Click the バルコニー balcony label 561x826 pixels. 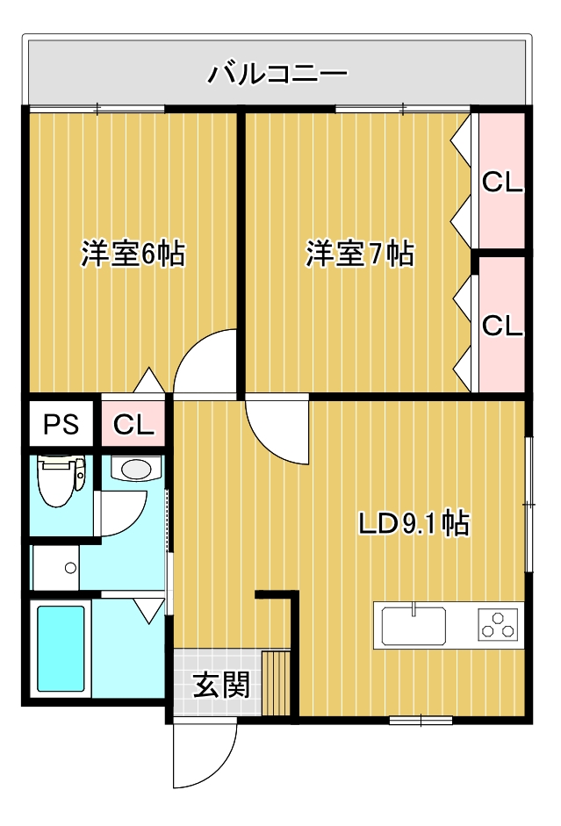277,72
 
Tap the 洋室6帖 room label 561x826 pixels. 133,254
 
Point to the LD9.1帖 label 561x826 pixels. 414,523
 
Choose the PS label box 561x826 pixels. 61,425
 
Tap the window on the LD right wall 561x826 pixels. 529,504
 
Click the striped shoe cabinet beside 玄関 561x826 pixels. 277,683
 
